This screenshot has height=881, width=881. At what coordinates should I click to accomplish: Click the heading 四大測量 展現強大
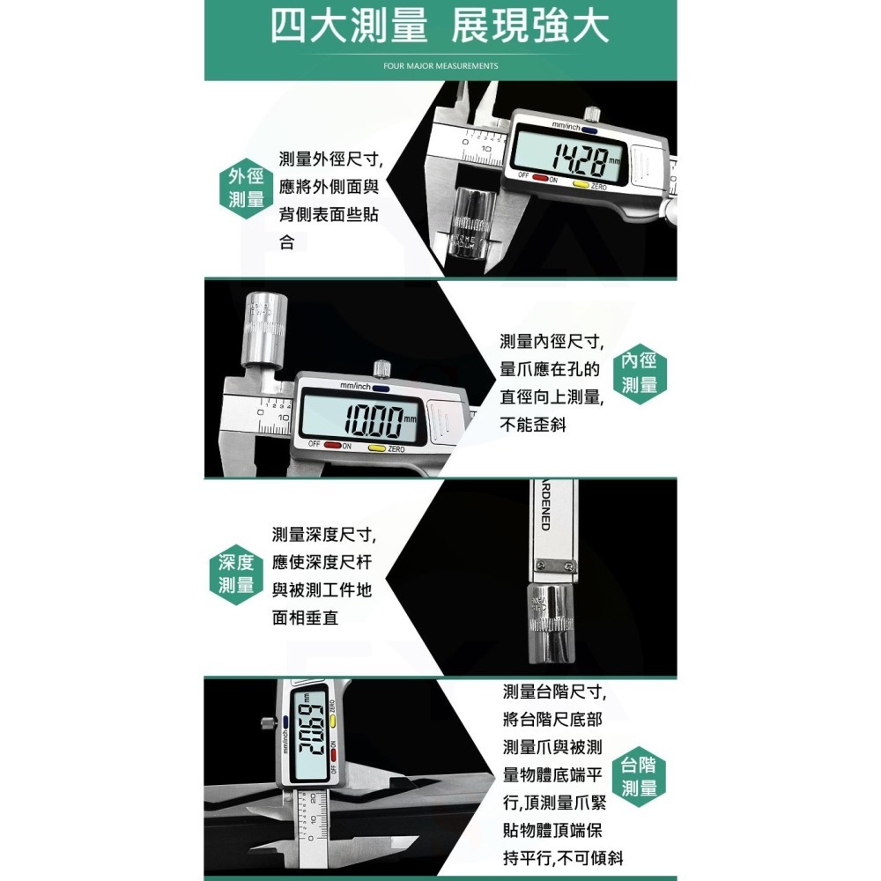pyautogui.click(x=439, y=27)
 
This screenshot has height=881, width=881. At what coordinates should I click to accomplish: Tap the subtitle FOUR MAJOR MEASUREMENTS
pyautogui.click(x=440, y=66)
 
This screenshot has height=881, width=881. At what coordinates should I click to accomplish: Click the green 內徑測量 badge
pyautogui.click(x=640, y=374)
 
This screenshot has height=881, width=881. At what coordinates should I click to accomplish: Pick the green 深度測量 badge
pyautogui.click(x=236, y=574)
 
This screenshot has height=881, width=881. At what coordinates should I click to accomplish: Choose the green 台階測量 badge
pyautogui.click(x=639, y=776)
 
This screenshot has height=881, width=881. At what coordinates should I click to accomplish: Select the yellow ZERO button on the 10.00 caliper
pyautogui.click(x=376, y=448)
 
